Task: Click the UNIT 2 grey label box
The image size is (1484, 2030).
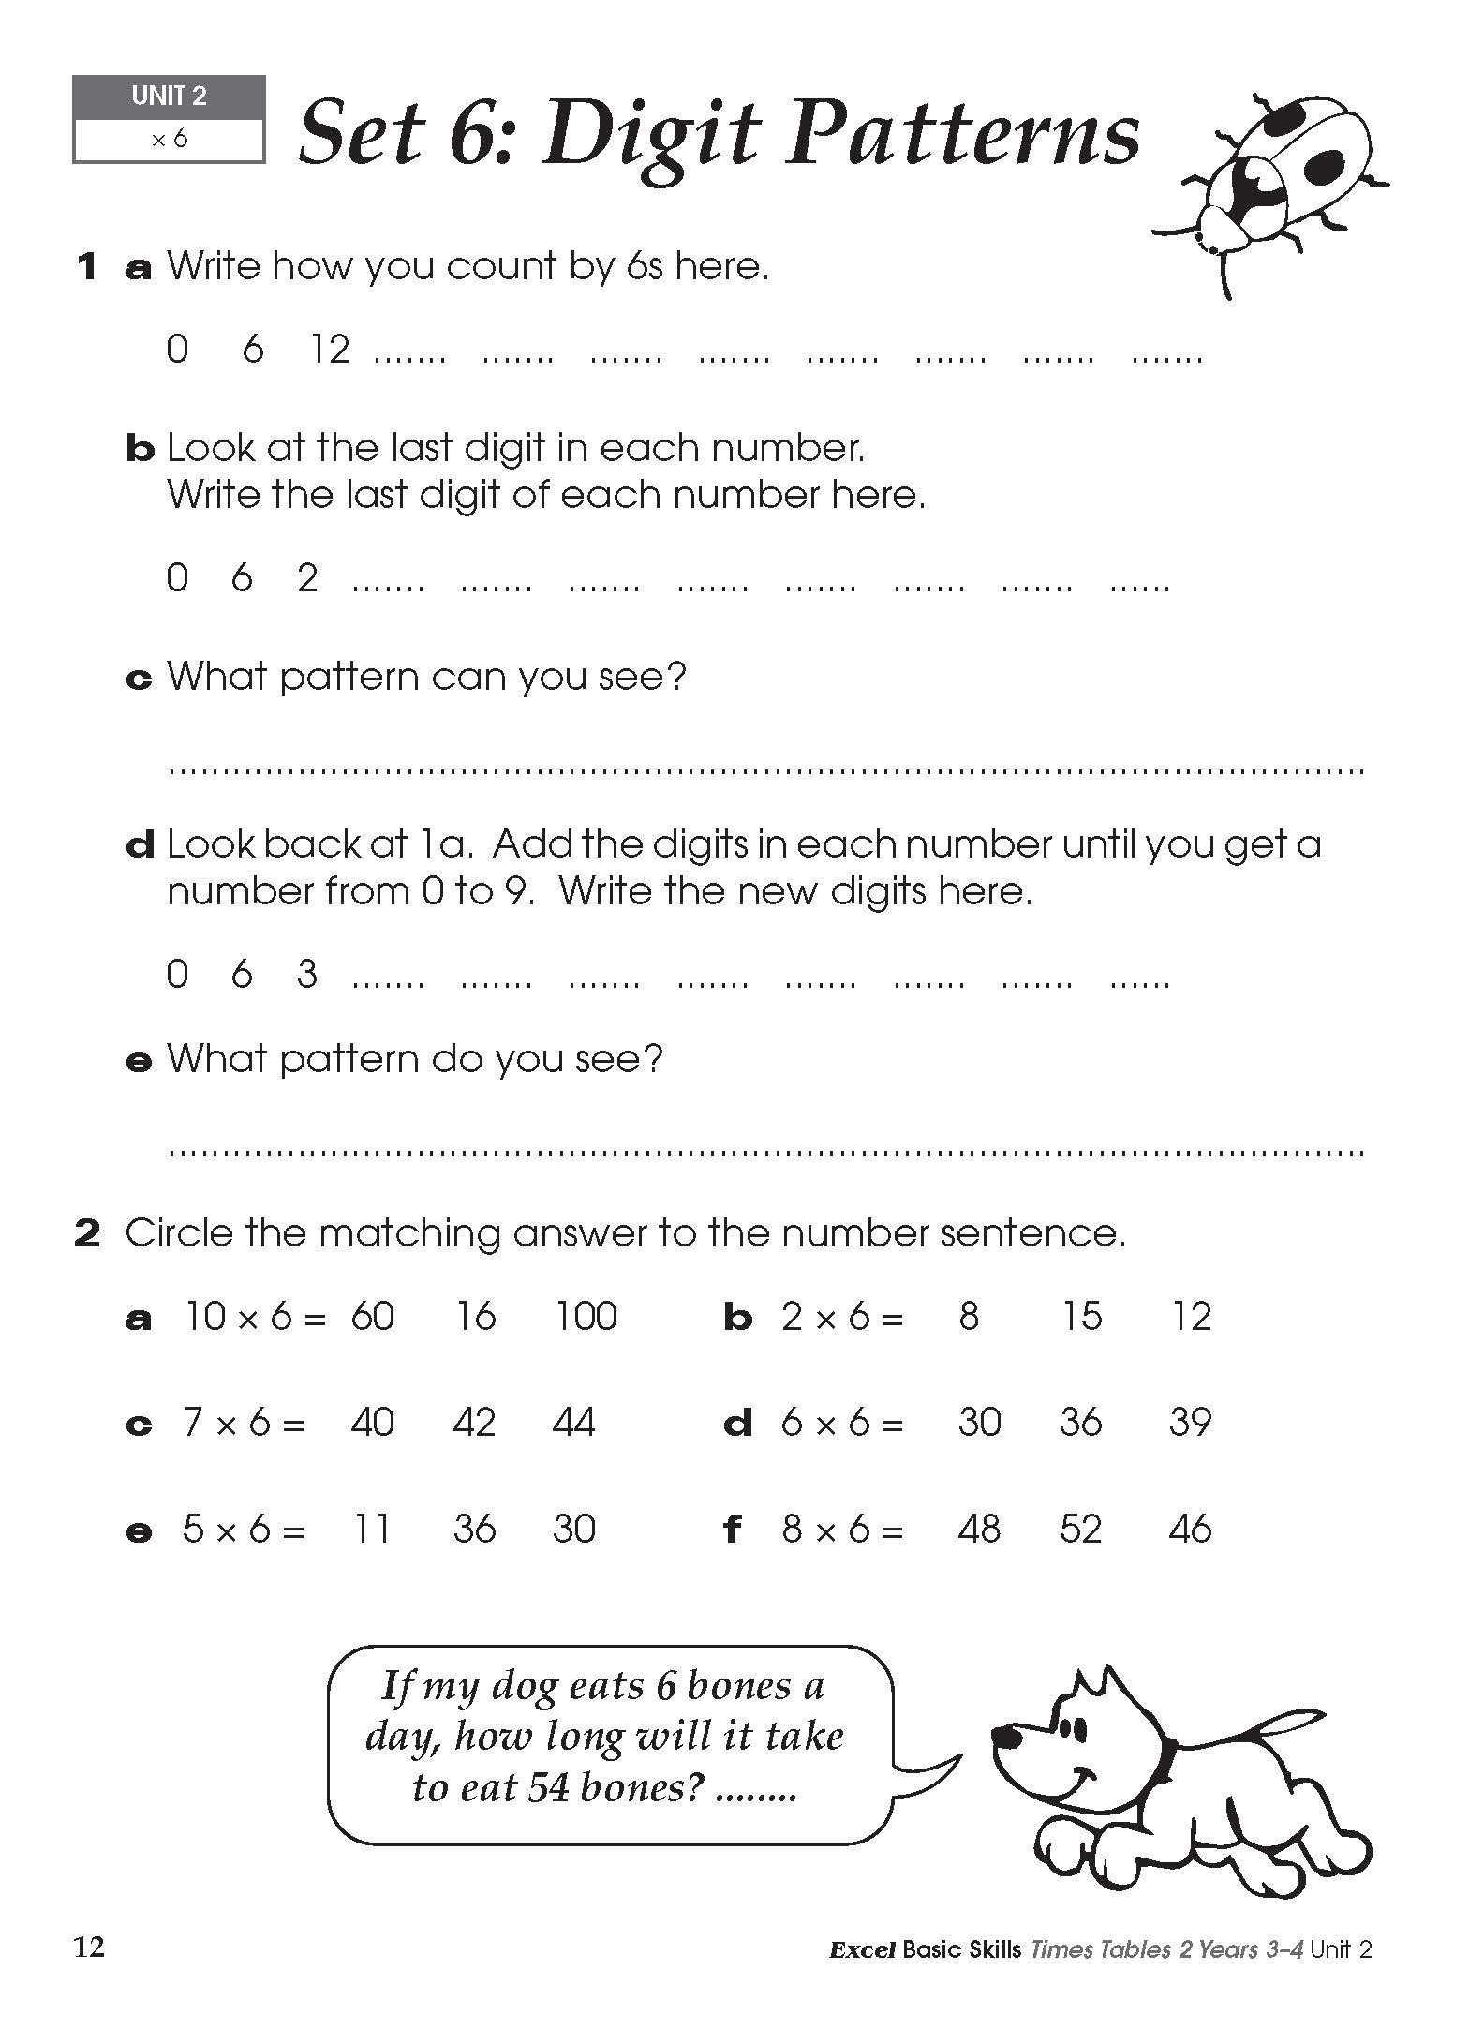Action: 169,97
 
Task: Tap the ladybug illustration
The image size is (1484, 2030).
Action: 1274,187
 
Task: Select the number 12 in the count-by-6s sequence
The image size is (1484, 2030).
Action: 330,350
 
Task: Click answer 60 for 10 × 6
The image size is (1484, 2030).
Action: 372,1317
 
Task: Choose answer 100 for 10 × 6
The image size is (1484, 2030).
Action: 586,1317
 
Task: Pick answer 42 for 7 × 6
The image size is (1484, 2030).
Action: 474,1423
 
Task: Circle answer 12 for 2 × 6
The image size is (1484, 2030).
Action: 1191,1317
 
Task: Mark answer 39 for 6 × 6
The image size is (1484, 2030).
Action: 1190,1423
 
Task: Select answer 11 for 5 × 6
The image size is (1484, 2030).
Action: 371,1530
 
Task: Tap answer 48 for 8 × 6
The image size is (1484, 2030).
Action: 979,1530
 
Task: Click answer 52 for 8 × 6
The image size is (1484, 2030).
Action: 1080,1530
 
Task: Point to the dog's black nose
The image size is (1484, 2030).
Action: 1009,1737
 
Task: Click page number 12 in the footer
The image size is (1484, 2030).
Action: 89,1948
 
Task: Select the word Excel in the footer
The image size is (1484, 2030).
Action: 861,1950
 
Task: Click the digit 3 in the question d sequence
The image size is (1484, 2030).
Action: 306,975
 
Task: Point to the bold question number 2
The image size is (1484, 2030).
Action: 87,1233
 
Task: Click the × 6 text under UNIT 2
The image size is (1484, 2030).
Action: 169,140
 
